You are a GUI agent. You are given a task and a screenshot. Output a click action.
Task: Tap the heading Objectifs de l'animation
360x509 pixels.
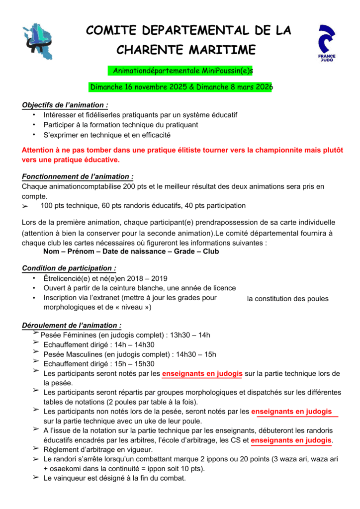[x=65, y=105]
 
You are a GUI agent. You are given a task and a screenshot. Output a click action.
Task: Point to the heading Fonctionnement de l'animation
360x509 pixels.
[x=78, y=176]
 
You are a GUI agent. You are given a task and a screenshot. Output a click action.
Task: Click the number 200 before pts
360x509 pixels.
[x=130, y=186]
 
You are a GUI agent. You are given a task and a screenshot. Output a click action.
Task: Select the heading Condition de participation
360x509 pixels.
[x=69, y=268]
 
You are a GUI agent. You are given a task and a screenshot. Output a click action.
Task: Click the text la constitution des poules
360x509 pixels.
[x=287, y=299]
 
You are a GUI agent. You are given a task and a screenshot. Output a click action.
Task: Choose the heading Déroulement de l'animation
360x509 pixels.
[x=72, y=326]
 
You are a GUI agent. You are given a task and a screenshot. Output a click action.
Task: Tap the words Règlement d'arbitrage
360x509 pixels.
[x=74, y=449]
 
